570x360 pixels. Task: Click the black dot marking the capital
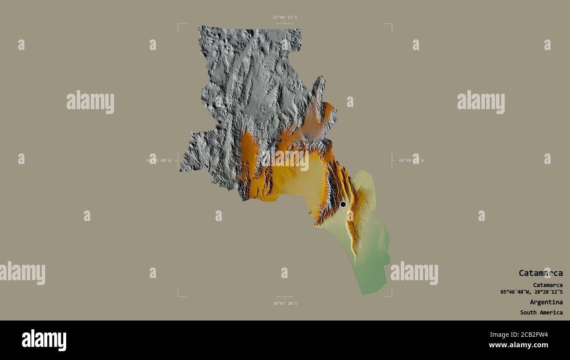tap(343, 204)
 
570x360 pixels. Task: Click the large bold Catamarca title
tap(541, 273)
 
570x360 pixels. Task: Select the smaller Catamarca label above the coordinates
tap(548, 285)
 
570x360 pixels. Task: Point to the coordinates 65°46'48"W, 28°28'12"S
tap(531, 292)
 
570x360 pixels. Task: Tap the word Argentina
tap(546, 302)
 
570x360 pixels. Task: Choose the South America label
tap(541, 313)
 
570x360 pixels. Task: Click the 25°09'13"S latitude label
tap(285, 18)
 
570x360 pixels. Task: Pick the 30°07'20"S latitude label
tap(285, 303)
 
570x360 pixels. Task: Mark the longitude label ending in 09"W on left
tap(159, 160)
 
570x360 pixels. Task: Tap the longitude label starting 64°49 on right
tap(411, 160)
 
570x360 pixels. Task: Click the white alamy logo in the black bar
tap(44, 340)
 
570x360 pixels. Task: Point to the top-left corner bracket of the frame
tap(179, 25)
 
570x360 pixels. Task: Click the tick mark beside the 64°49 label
tap(392, 160)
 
